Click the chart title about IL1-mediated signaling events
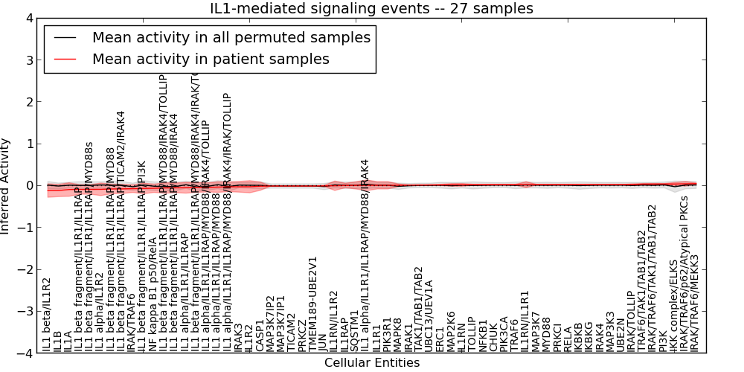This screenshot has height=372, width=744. pos(372,8)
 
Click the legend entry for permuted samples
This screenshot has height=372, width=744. pos(231,37)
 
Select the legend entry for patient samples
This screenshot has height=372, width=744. pos(211,59)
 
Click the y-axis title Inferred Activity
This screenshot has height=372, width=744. pos(7,185)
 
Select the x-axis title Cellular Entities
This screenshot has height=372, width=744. pos(372,363)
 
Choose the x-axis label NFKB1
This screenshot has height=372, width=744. pos(484,336)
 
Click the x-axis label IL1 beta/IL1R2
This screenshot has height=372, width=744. pos(47,315)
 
